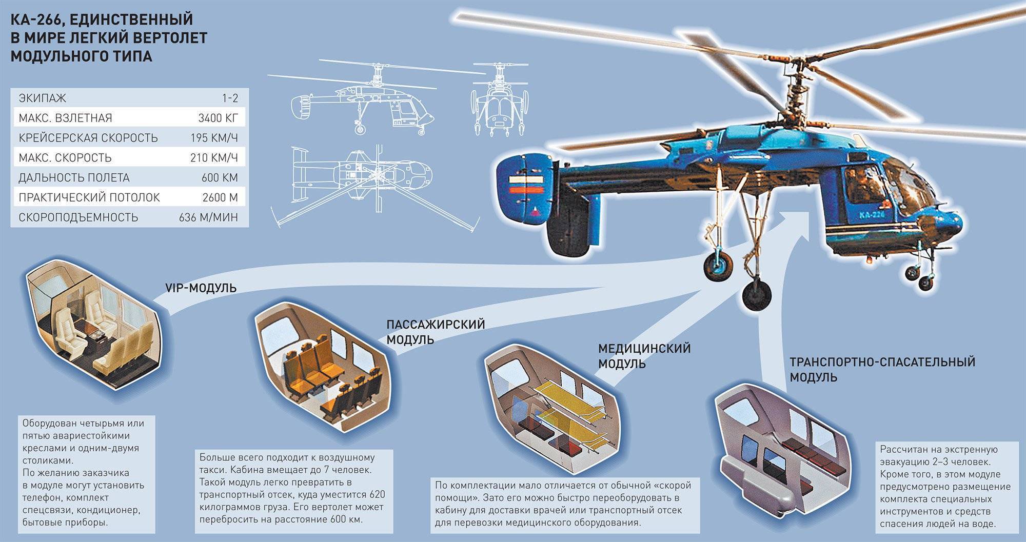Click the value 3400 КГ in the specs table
point(218,118)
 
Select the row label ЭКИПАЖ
point(43,98)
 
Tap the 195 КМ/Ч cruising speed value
point(214,138)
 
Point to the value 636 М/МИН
point(208,217)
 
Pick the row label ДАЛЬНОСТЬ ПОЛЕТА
point(74,178)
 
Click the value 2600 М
point(220,197)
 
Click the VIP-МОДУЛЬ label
point(201,288)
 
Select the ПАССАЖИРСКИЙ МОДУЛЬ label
point(436,332)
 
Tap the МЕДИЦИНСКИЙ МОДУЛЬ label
point(644,356)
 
